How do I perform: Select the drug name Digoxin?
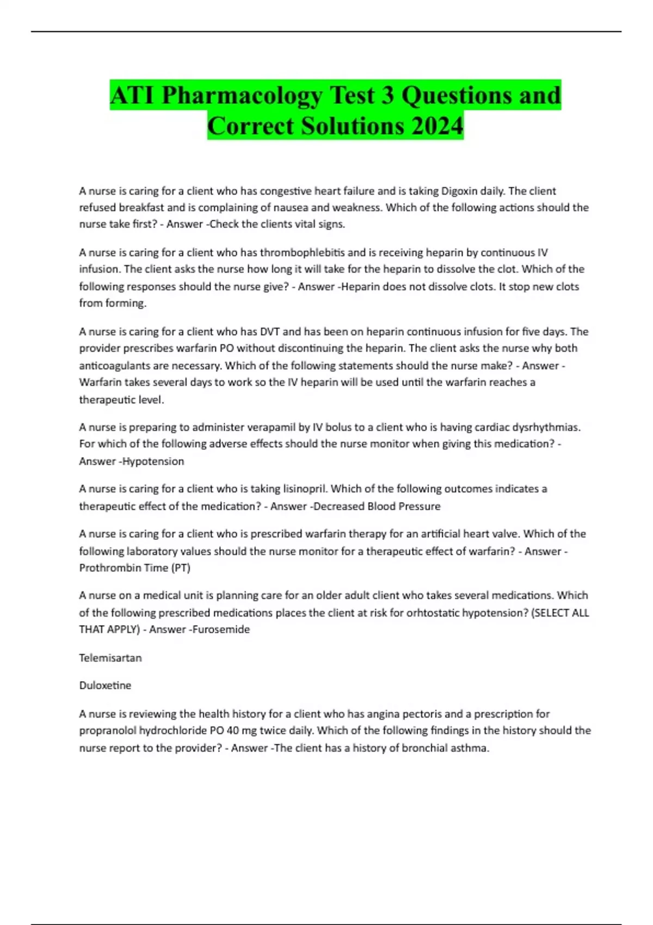[459, 191]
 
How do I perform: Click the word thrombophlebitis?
[302, 252]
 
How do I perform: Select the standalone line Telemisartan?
[110, 658]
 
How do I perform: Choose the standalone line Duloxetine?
[105, 686]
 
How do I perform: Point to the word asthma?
[471, 748]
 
